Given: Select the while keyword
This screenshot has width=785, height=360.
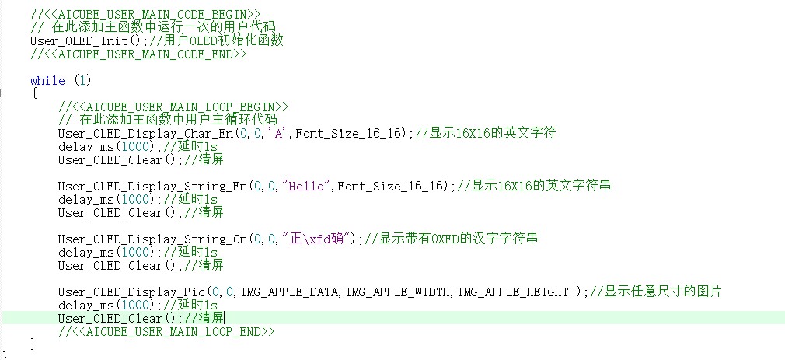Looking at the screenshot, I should click(x=47, y=80).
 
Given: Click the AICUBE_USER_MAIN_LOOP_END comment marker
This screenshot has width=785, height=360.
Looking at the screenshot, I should click(x=166, y=331).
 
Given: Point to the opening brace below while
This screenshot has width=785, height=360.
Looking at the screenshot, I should click(x=34, y=93).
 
